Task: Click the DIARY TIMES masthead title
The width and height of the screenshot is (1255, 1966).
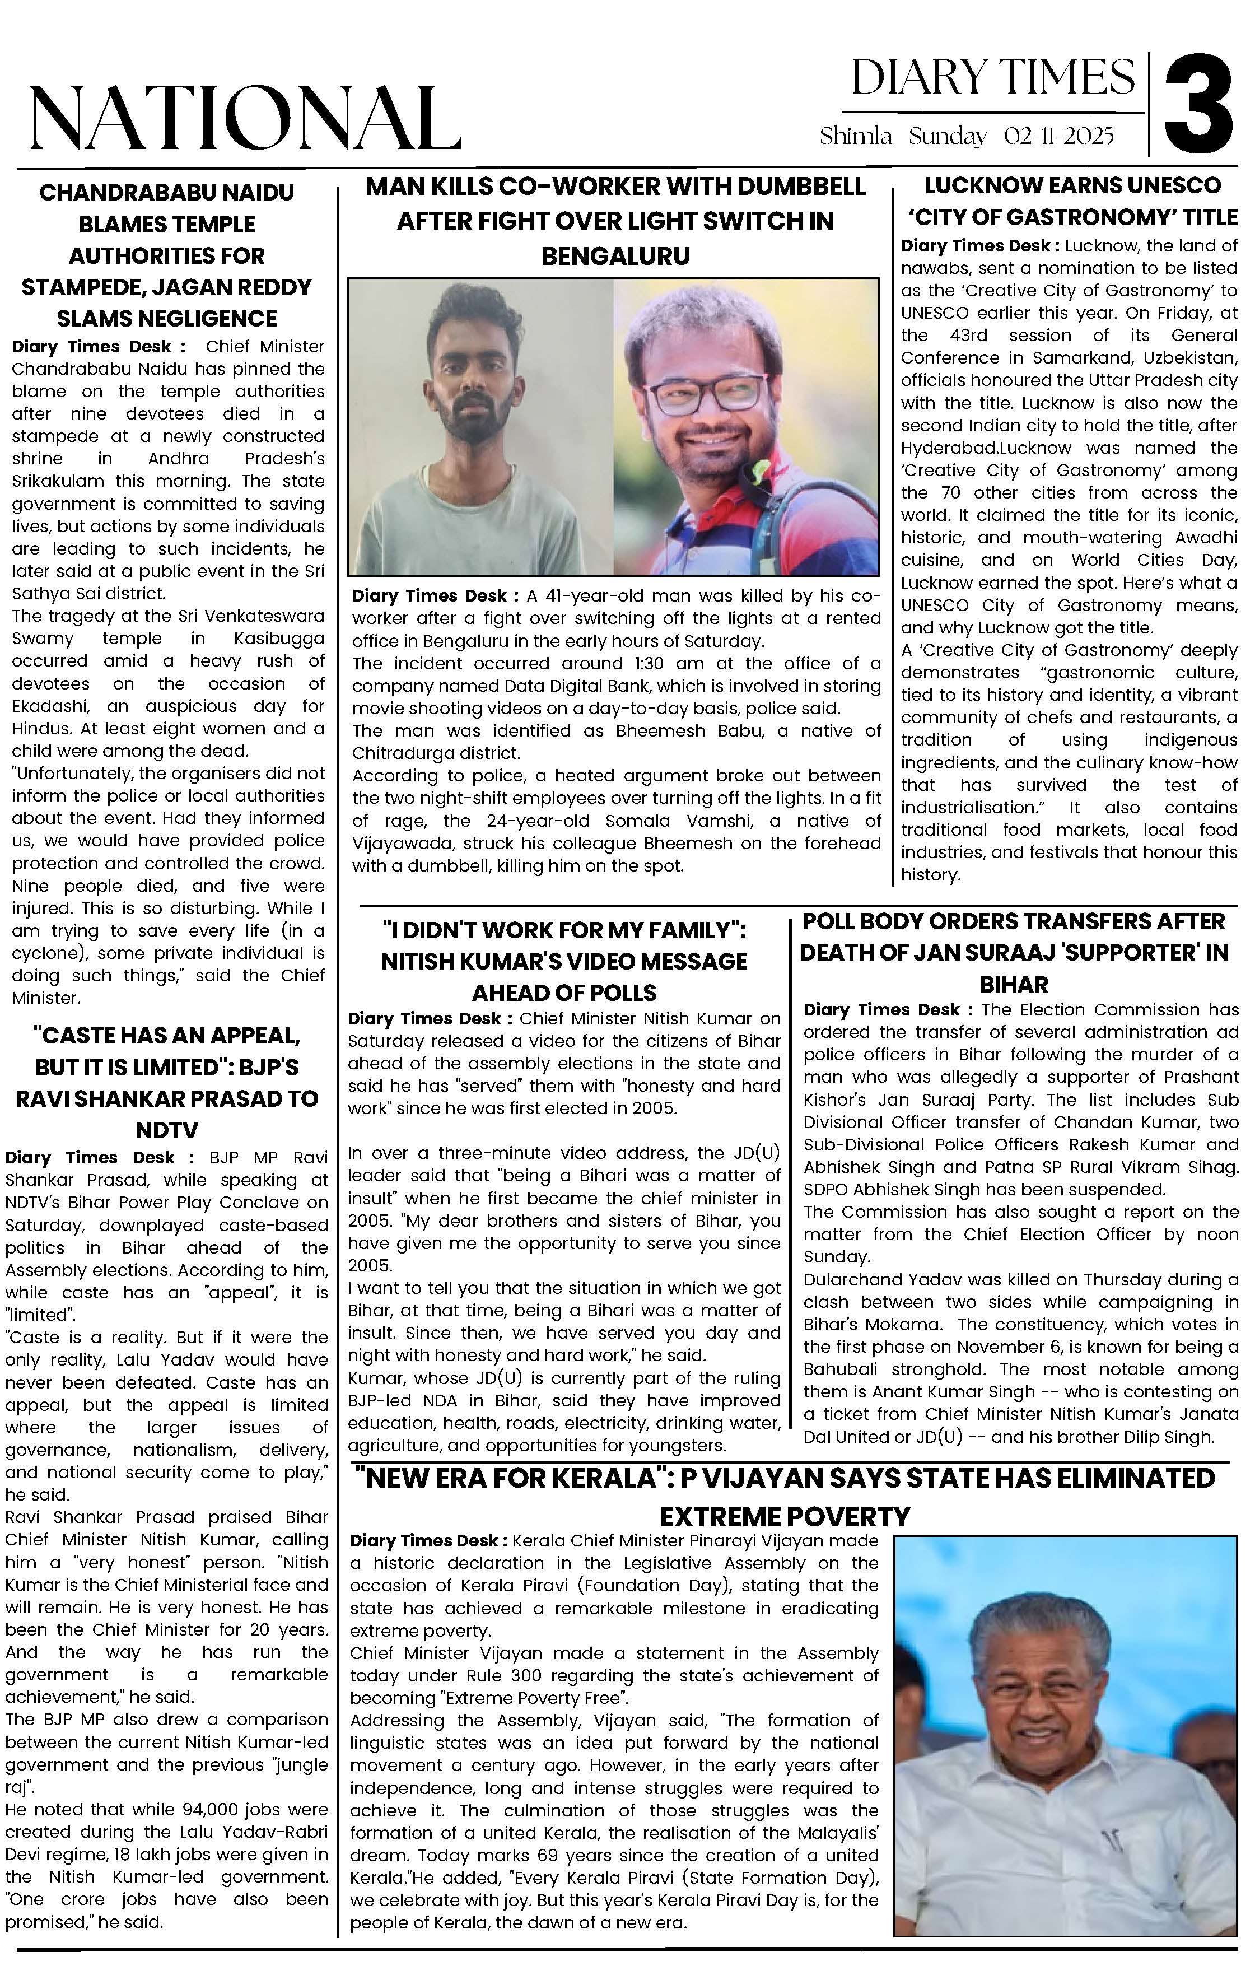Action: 993,78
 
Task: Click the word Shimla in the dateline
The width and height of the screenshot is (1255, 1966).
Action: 855,136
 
